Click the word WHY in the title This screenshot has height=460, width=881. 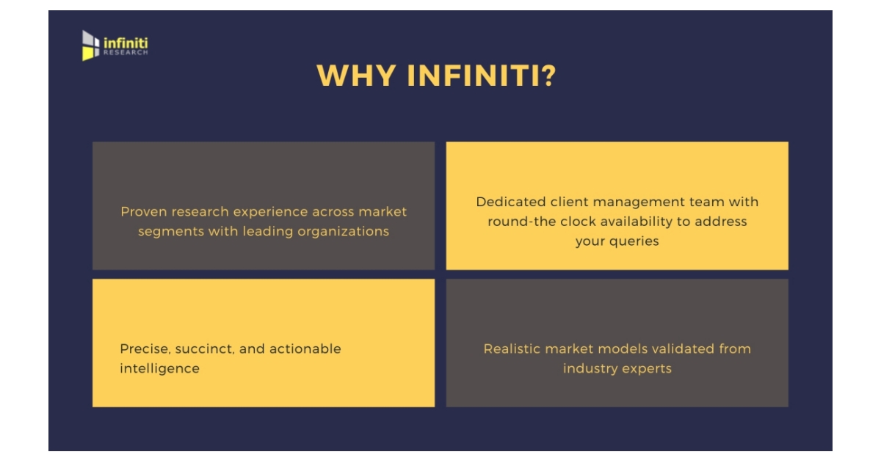pyautogui.click(x=356, y=76)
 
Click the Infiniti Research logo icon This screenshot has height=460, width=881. pyautogui.click(x=90, y=45)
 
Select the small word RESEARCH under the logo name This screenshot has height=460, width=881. pyautogui.click(x=126, y=52)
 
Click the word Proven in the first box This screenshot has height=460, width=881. pyautogui.click(x=143, y=211)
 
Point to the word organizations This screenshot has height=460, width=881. pyautogui.click(x=343, y=232)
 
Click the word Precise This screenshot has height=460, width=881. pyautogui.click(x=145, y=349)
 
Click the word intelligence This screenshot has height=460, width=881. pyautogui.click(x=160, y=369)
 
